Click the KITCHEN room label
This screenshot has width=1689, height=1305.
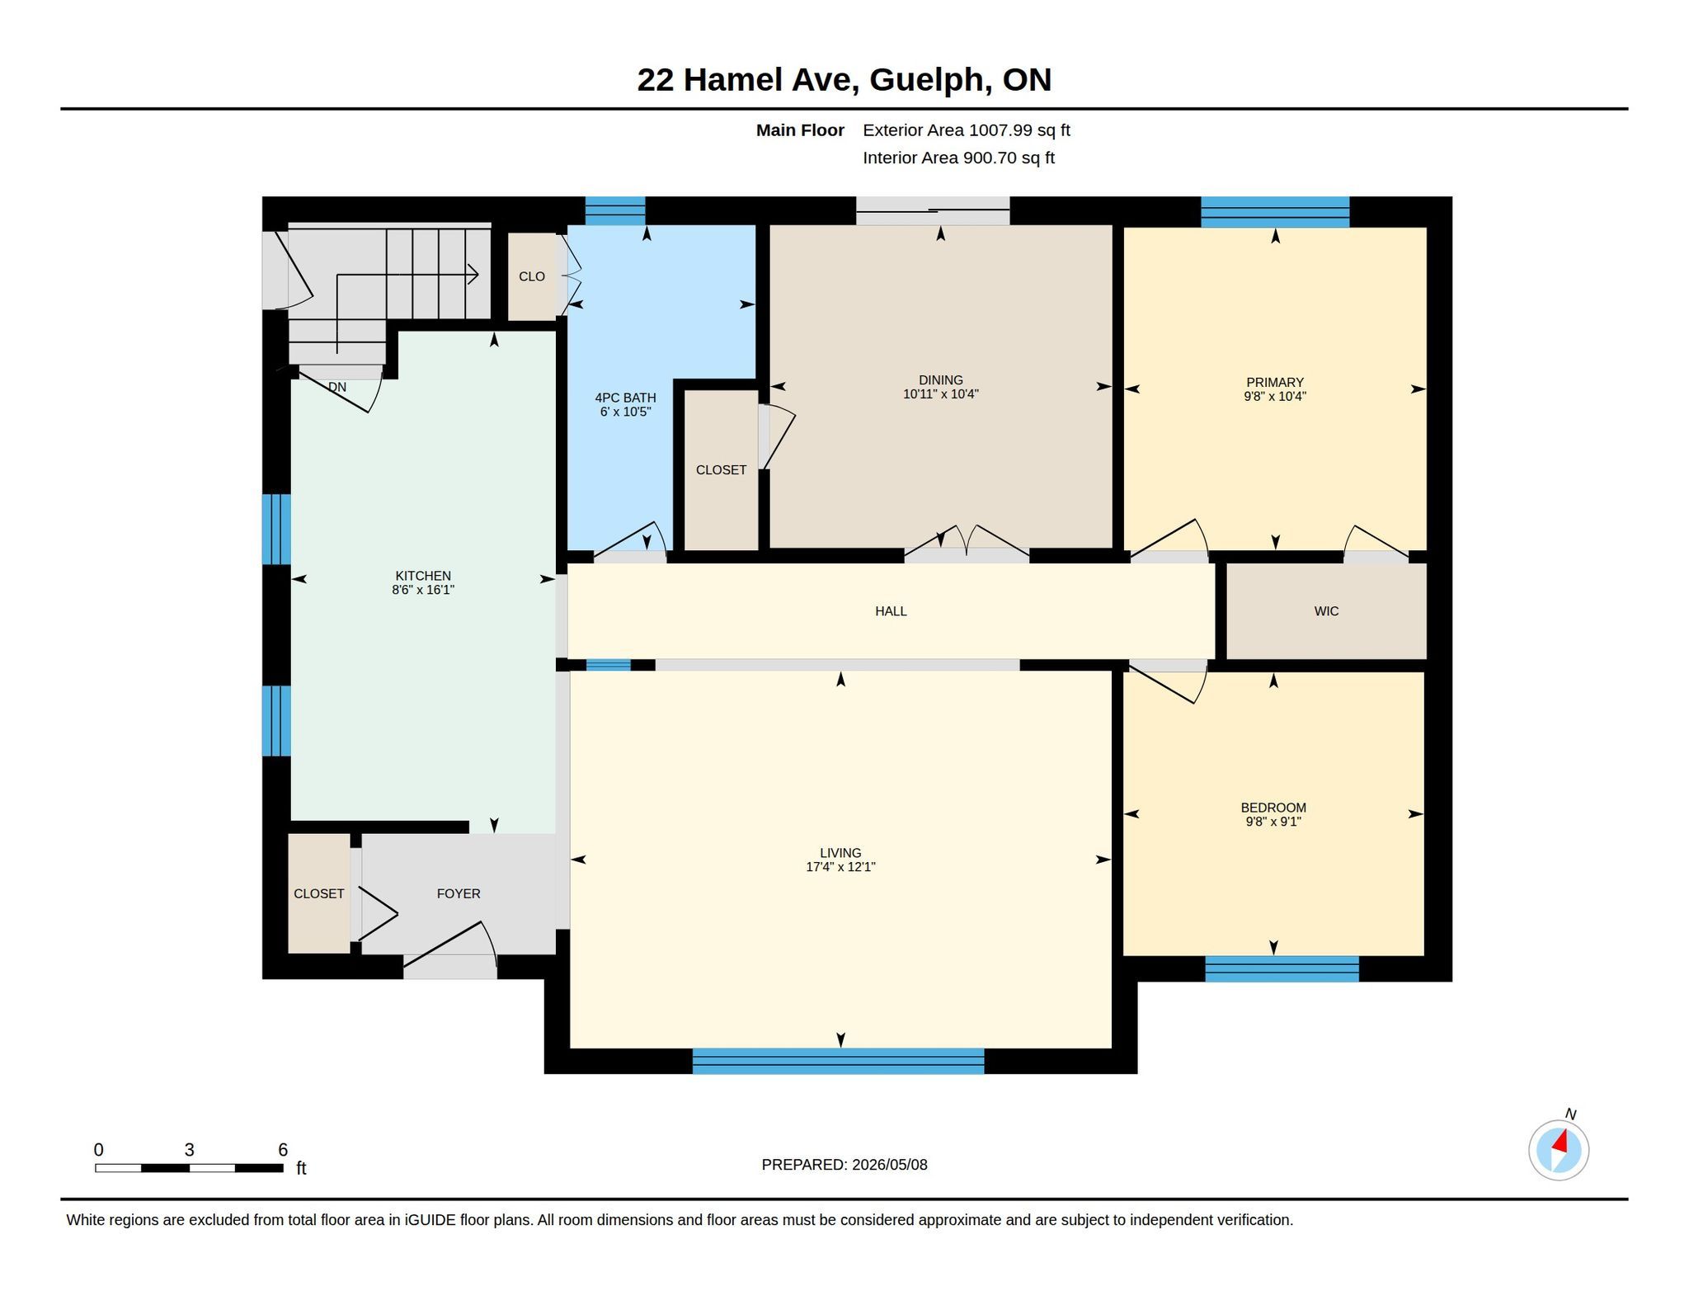point(423,576)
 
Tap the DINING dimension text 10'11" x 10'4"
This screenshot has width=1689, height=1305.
point(940,394)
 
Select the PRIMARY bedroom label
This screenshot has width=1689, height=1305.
point(1275,382)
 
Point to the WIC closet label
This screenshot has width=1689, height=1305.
point(1326,611)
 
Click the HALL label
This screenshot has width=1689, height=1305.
point(891,611)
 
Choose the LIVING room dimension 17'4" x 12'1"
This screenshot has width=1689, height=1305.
point(840,867)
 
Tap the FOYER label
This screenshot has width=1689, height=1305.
point(459,893)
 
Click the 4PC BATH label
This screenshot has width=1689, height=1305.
point(626,398)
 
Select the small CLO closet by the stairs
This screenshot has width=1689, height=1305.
point(532,276)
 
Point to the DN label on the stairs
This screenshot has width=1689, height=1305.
point(337,387)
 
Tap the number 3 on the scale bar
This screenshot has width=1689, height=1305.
point(189,1150)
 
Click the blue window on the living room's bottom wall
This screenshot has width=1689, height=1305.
point(838,1061)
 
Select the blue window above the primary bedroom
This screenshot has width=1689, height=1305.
point(1275,212)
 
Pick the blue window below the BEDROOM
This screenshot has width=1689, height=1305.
point(1282,968)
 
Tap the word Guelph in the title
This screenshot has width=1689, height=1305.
point(929,80)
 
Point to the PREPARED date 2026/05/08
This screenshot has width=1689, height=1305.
point(889,1165)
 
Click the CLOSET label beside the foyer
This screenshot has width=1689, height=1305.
point(319,893)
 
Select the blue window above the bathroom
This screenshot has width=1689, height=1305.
point(615,211)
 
